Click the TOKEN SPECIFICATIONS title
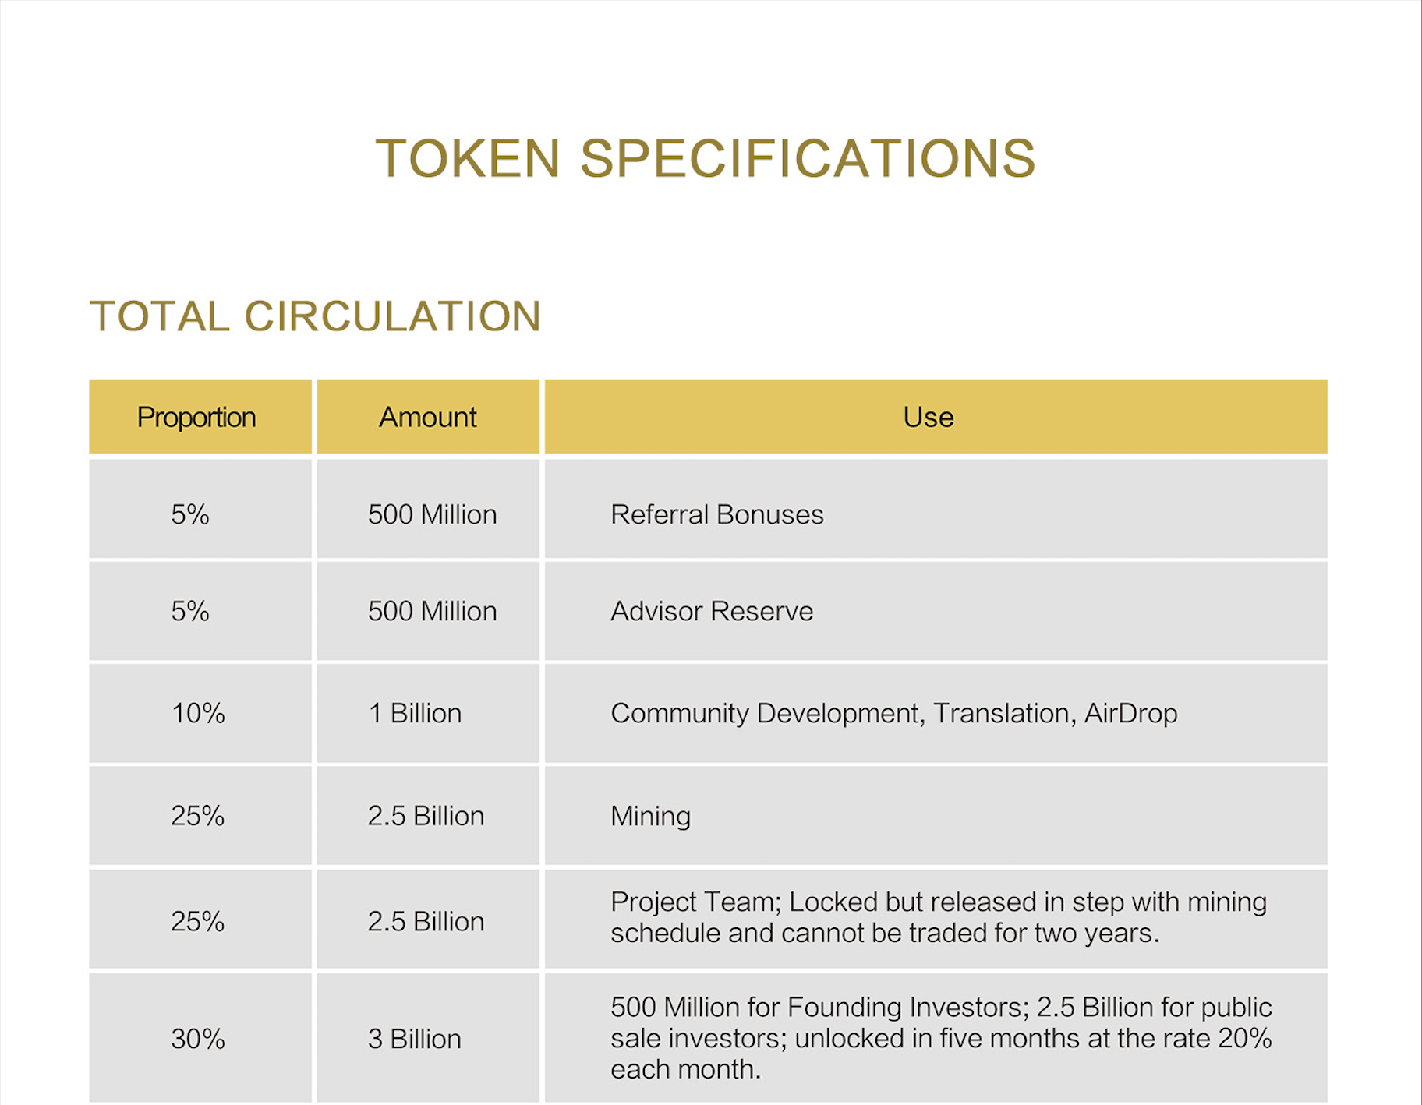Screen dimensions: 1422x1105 706,159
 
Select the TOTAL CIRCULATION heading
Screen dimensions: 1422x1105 316,316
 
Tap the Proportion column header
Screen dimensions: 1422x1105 196,418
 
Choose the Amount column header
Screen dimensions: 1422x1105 427,418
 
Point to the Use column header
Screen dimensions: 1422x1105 929,418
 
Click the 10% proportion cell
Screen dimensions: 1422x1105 198,713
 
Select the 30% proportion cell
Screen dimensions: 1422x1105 198,1039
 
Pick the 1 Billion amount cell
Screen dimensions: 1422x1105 415,713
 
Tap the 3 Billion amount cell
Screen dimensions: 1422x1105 415,1039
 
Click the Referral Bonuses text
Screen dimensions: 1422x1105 717,514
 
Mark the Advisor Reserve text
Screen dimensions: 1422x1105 712,611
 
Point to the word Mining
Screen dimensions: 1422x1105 651,817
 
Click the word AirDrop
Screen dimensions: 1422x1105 1131,714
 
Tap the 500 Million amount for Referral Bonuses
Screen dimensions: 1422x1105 433,514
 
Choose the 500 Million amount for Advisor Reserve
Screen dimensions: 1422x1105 433,611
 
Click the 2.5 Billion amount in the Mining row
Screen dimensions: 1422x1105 426,816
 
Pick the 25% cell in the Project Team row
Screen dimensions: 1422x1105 198,921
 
